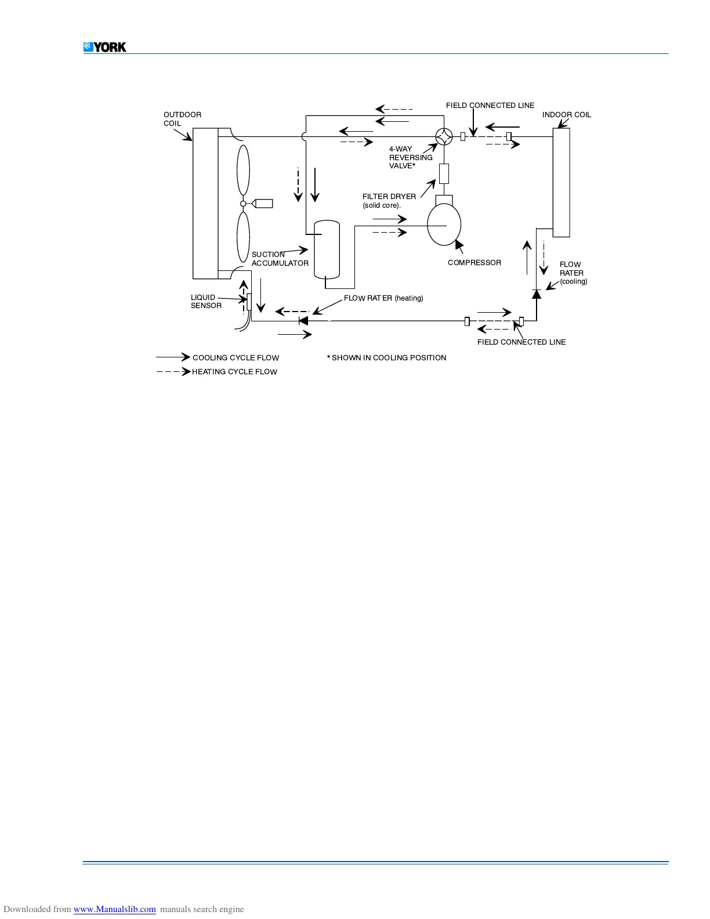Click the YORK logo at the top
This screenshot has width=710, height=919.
click(105, 47)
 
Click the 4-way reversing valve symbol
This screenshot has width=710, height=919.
click(444, 137)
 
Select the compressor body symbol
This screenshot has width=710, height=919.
click(444, 225)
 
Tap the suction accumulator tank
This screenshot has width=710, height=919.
click(327, 249)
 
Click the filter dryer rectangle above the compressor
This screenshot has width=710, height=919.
click(444, 173)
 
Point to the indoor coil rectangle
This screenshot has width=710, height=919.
click(561, 182)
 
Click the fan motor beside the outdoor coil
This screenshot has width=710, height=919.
click(263, 203)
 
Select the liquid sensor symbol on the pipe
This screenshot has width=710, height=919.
click(249, 302)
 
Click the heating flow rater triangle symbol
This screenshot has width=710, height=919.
click(303, 320)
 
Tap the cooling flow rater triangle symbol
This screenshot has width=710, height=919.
click(537, 294)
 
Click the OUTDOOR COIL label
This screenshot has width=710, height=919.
click(182, 119)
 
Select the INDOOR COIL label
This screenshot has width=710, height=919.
click(566, 115)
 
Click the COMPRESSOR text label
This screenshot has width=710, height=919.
click(474, 263)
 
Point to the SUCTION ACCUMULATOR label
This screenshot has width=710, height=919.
click(280, 259)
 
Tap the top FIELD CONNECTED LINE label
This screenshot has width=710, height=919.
click(490, 106)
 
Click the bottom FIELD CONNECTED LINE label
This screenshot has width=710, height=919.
click(521, 342)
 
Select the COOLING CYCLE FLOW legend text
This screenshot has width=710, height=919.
click(236, 358)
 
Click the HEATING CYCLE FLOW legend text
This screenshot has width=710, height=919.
click(234, 372)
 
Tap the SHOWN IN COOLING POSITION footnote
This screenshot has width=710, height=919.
click(387, 358)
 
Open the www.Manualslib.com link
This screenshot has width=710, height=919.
click(114, 909)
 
